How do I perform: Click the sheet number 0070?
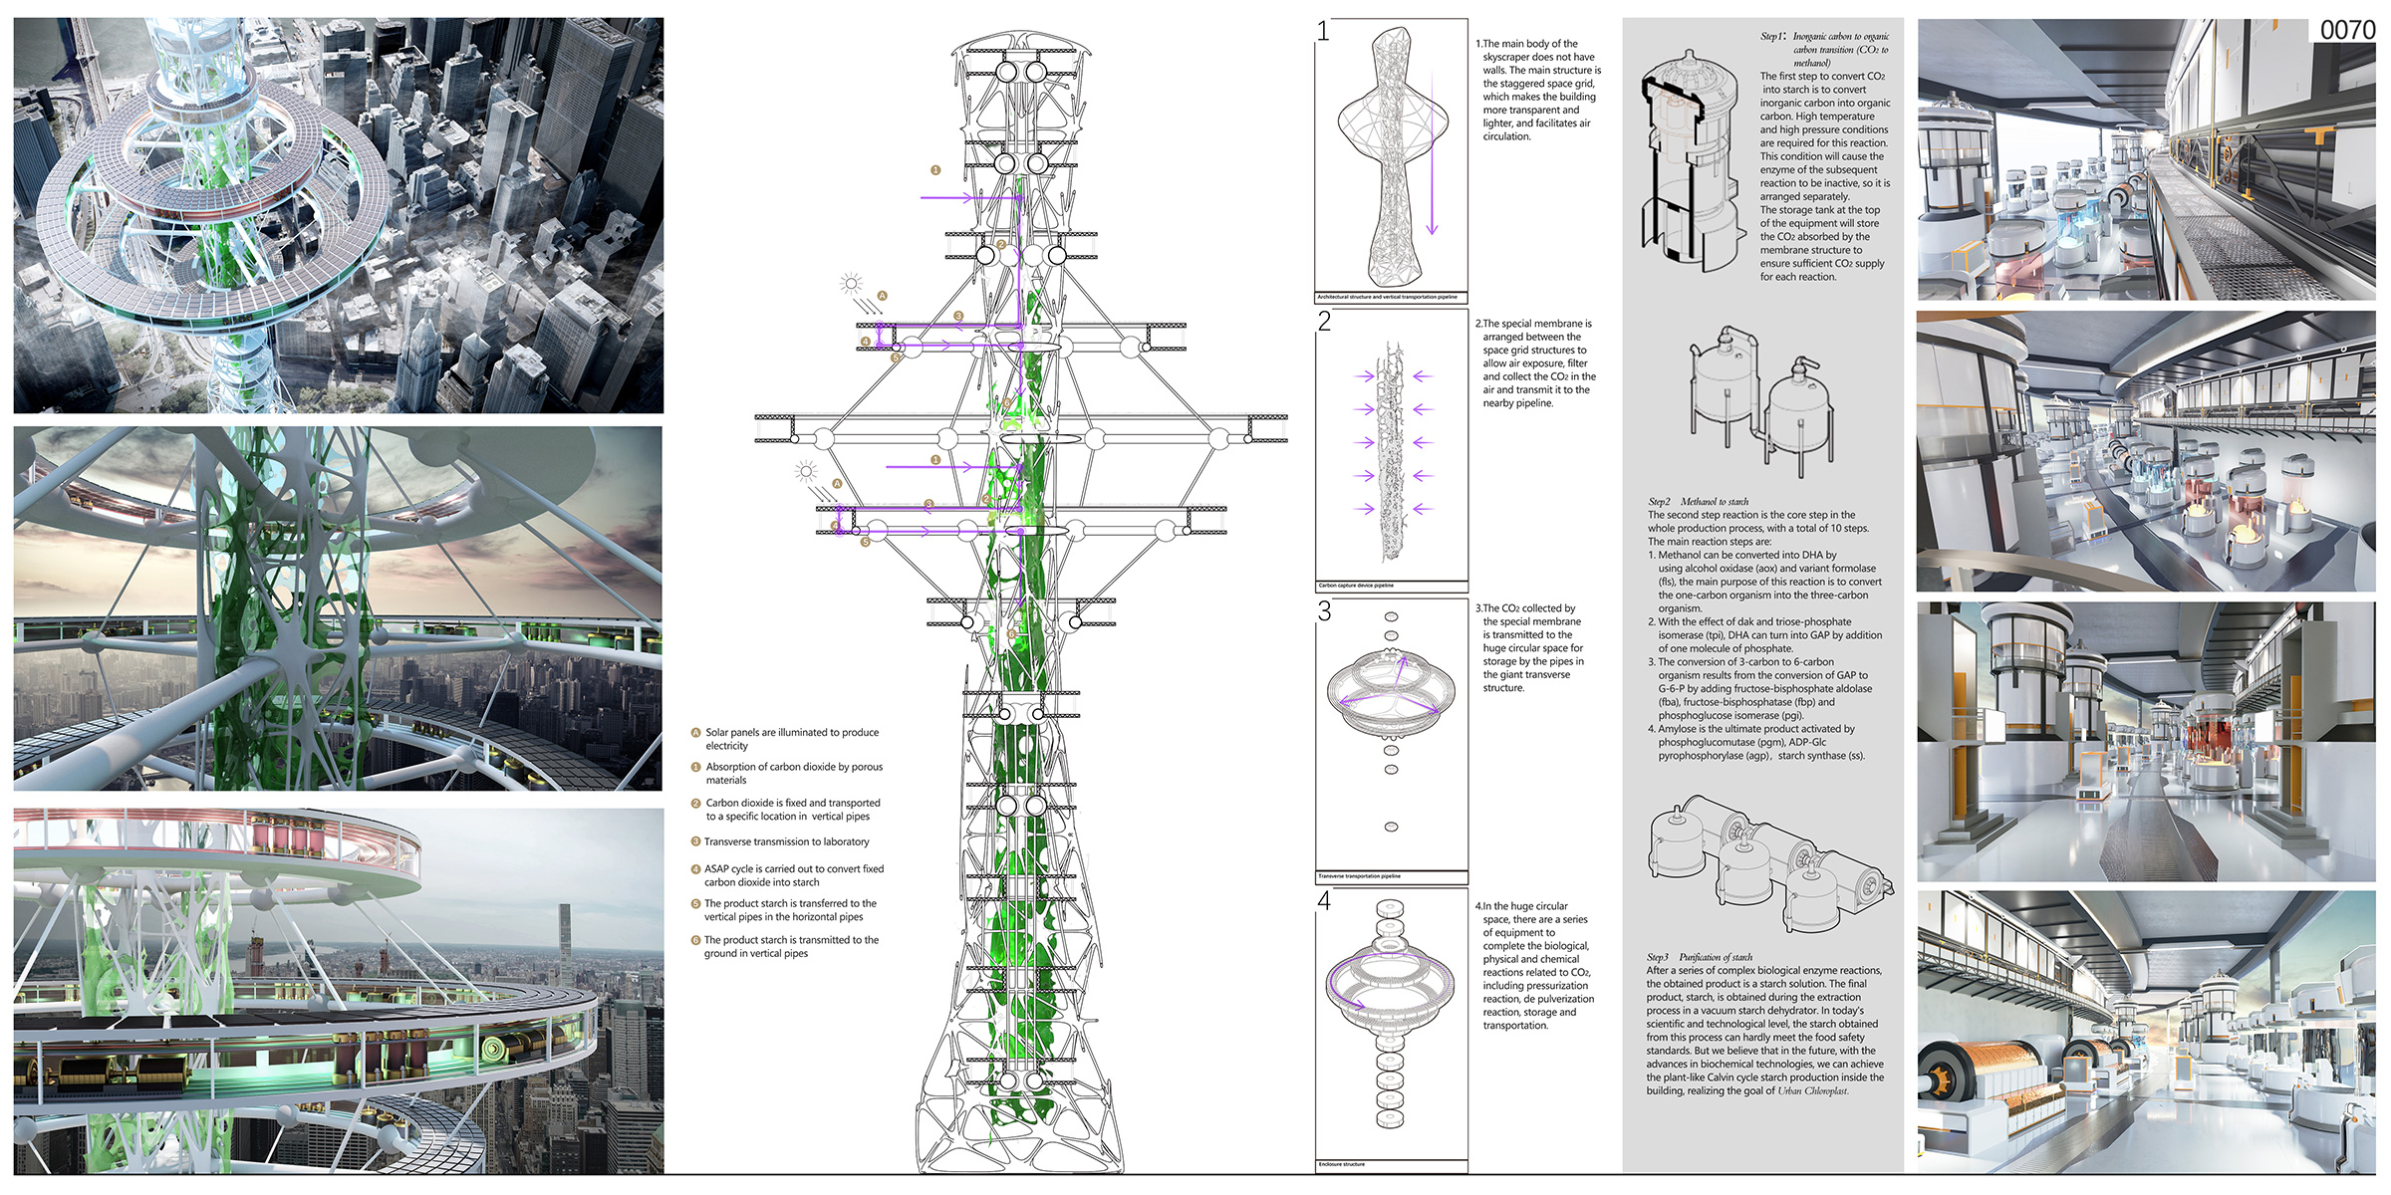[2347, 30]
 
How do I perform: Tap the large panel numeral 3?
[1324, 611]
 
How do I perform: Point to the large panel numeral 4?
[1324, 901]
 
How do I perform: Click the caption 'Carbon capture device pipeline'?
[1356, 586]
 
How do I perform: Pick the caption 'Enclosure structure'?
[1341, 1164]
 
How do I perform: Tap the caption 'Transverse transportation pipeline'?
[1359, 876]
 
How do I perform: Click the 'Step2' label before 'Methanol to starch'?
[1659, 502]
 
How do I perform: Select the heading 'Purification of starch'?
[1716, 957]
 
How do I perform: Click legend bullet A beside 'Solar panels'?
[696, 733]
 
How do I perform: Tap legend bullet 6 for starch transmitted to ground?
[696, 940]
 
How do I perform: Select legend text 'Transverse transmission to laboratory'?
[786, 842]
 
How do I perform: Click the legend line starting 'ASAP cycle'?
[794, 869]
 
